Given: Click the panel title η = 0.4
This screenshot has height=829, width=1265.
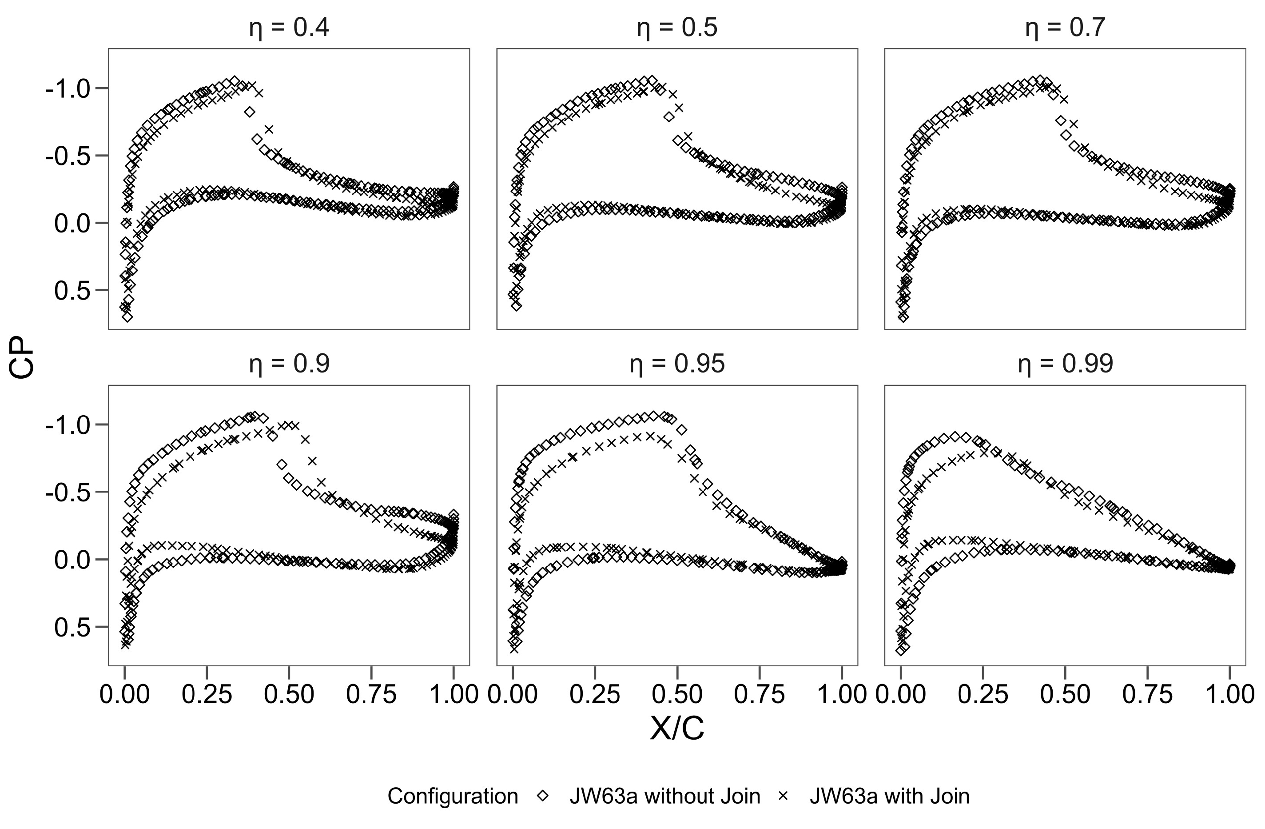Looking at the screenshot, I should click(x=289, y=28).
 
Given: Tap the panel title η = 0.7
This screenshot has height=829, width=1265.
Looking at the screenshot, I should click(x=1065, y=28).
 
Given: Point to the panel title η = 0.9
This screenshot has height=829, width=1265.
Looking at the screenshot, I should click(x=289, y=364).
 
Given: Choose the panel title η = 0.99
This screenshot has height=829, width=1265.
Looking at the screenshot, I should click(x=1065, y=364).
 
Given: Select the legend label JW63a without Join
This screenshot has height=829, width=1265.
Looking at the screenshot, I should click(x=664, y=796).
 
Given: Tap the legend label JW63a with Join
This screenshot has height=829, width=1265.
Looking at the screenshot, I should click(x=889, y=796).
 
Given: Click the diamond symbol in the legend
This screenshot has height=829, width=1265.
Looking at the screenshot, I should click(x=543, y=796).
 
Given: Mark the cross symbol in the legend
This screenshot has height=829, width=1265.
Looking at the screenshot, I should click(x=783, y=796).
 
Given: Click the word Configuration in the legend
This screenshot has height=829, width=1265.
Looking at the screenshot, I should click(x=452, y=796).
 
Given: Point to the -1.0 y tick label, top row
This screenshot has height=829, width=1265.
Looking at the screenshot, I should click(x=68, y=89).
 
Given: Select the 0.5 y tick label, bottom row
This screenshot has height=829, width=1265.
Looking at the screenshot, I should click(x=73, y=628).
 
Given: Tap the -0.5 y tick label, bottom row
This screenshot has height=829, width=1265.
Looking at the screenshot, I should click(x=68, y=493).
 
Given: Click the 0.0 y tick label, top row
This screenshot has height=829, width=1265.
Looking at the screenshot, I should click(x=73, y=223).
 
